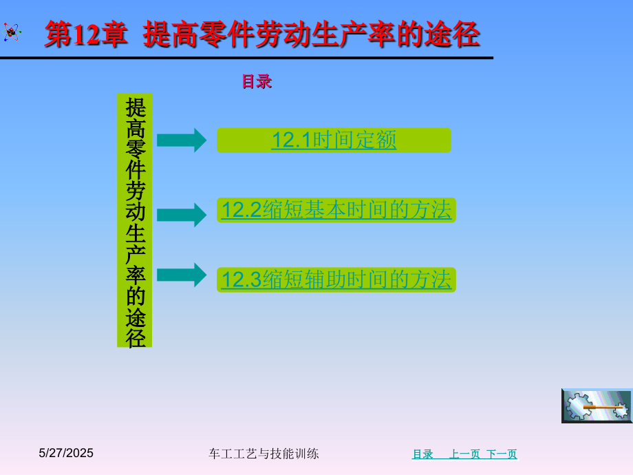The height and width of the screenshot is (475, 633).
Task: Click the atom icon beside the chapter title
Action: (11, 32)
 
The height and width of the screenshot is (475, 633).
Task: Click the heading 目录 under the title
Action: (257, 82)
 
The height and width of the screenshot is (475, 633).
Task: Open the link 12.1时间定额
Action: (334, 140)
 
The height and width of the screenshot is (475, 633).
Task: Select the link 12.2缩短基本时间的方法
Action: (336, 210)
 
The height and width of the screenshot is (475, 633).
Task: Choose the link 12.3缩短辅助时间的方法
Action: (336, 279)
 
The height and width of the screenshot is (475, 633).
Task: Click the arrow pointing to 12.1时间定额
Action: (182, 140)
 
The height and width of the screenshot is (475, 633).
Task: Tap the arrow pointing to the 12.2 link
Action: (182, 215)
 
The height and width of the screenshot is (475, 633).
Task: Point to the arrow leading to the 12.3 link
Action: (182, 275)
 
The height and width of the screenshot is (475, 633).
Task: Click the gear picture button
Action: (597, 406)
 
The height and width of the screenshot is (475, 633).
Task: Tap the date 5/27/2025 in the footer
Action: (66, 453)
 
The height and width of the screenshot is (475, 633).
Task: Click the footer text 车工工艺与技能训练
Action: (264, 454)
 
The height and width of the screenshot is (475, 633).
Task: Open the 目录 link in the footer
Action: (422, 454)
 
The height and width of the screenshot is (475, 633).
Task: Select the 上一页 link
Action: (464, 454)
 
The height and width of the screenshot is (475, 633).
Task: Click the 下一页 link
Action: (502, 454)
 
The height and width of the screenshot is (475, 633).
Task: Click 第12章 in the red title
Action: (86, 34)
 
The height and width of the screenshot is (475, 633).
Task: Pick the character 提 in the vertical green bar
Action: (136, 107)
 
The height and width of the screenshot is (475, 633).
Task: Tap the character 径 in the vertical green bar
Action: (136, 337)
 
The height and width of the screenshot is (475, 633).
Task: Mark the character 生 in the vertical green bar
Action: (136, 233)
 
